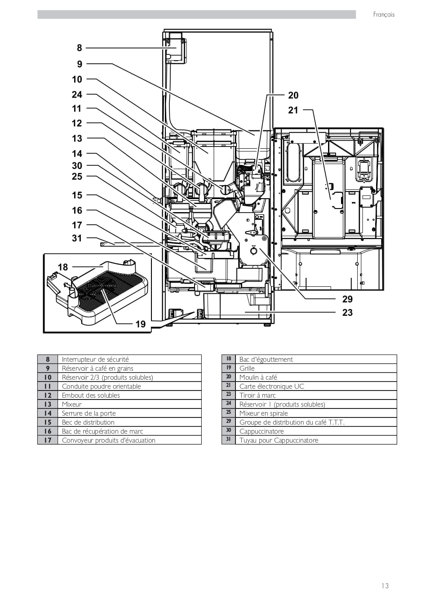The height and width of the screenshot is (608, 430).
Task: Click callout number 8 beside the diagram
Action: pyautogui.click(x=79, y=48)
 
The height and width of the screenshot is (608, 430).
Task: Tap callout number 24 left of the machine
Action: pyautogui.click(x=77, y=95)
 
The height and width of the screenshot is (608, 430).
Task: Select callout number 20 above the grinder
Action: pyautogui.click(x=293, y=95)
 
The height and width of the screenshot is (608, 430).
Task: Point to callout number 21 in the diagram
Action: pyautogui.click(x=293, y=110)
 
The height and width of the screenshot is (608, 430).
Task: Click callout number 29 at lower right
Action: pyautogui.click(x=347, y=299)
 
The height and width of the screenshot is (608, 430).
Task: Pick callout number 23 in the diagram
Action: pyautogui.click(x=347, y=313)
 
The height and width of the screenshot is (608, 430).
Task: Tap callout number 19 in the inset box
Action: pyautogui.click(x=141, y=324)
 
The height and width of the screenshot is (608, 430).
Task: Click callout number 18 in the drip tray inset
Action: pyautogui.click(x=63, y=267)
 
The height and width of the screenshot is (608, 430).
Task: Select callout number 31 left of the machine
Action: pyautogui.click(x=77, y=238)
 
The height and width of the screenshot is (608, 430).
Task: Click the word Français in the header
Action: pyautogui.click(x=384, y=15)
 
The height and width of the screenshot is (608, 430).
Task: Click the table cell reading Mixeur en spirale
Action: pyautogui.click(x=264, y=413)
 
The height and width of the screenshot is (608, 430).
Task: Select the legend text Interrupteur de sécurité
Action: pyautogui.click(x=95, y=359)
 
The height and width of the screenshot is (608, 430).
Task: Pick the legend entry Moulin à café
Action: pyautogui.click(x=258, y=377)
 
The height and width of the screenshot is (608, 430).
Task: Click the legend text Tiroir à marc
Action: pyautogui.click(x=257, y=395)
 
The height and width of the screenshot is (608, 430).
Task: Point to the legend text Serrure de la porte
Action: pyautogui.click(x=89, y=413)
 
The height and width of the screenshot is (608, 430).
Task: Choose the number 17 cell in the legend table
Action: pyautogui.click(x=48, y=440)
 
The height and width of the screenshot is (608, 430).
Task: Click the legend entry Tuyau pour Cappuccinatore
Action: pyautogui.click(x=279, y=440)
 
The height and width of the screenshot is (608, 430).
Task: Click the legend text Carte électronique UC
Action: pyautogui.click(x=272, y=386)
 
